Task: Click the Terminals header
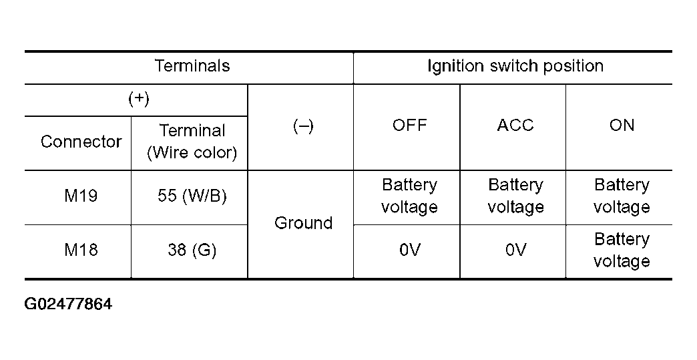coord(192,65)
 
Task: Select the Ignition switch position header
coord(515,65)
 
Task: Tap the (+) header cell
coord(139,99)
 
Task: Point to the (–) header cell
coord(303,126)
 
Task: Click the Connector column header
coord(81,142)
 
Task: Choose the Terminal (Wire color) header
coord(192,142)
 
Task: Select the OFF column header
coord(409,126)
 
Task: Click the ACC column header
coord(515,126)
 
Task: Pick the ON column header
coord(622,126)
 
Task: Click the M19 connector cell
coord(81,196)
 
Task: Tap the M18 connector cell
coord(81,250)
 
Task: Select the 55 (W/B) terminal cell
coord(192,196)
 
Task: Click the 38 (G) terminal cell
coord(192,250)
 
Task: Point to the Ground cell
coord(303,222)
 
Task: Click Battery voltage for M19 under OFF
coord(409,196)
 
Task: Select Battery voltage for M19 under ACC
coord(515,196)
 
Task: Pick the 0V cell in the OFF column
coord(409,250)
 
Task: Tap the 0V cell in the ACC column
coord(515,250)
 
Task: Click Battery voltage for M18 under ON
coord(622,250)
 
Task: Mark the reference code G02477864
coord(68,305)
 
